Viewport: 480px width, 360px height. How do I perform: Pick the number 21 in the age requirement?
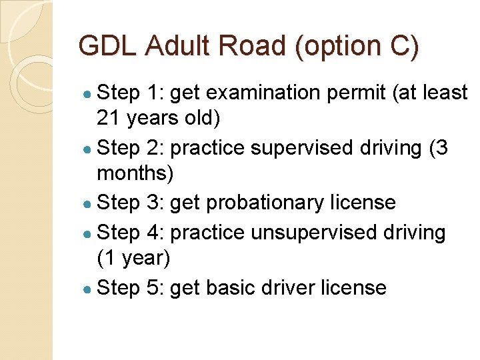(107, 118)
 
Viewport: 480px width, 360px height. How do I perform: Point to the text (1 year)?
(133, 258)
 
